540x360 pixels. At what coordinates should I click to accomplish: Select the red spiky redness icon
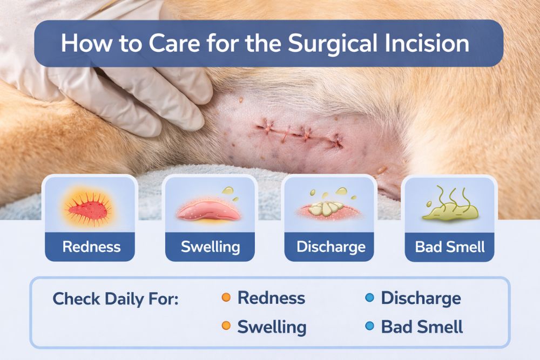point(90,206)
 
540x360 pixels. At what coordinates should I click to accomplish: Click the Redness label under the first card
point(91,247)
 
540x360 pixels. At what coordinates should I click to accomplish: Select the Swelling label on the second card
point(210,247)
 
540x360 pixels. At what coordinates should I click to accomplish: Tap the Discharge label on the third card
point(330,247)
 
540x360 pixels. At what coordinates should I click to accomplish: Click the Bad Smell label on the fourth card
point(449,247)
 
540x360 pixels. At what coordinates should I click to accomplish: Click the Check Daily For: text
point(116,299)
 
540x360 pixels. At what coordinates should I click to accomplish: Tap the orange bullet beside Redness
point(226,297)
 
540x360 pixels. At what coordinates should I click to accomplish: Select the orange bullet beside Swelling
point(226,325)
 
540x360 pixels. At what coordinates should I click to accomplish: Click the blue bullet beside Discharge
point(369,297)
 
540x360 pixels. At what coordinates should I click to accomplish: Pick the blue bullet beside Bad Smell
point(369,325)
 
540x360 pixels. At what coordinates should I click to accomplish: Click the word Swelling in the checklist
point(272,327)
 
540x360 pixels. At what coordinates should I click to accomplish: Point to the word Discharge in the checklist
point(421,298)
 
